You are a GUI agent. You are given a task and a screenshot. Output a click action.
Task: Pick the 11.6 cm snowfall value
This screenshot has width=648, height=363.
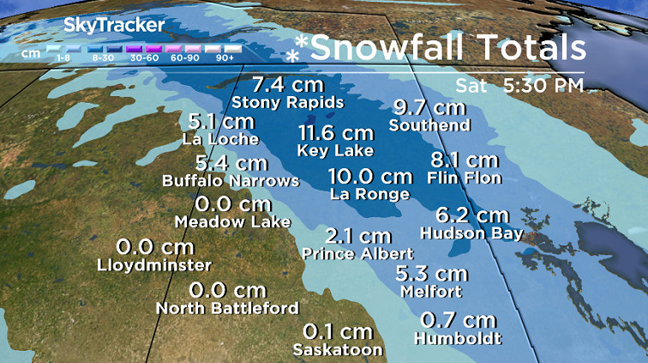tap(336, 133)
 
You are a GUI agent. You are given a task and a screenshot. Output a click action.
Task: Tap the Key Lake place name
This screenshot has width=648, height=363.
tap(335, 150)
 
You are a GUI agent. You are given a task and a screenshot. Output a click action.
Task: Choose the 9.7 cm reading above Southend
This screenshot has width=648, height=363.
tap(429, 108)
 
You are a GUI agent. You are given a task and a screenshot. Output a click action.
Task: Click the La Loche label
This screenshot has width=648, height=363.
tap(220, 138)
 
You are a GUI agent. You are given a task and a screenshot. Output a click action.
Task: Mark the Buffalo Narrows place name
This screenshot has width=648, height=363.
tap(231, 181)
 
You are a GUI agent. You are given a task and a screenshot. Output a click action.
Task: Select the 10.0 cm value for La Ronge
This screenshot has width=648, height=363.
tap(370, 177)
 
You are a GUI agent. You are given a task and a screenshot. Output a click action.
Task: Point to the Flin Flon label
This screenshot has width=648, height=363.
tap(464, 178)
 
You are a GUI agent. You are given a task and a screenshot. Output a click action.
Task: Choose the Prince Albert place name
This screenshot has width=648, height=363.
tap(357, 254)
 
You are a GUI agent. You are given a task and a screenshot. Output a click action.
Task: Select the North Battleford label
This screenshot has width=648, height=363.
tap(227, 308)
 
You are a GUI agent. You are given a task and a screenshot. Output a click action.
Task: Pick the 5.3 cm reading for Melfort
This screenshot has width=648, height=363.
tap(432, 274)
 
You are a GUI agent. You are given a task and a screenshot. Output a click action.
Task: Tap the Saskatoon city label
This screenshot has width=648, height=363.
tap(337, 349)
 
